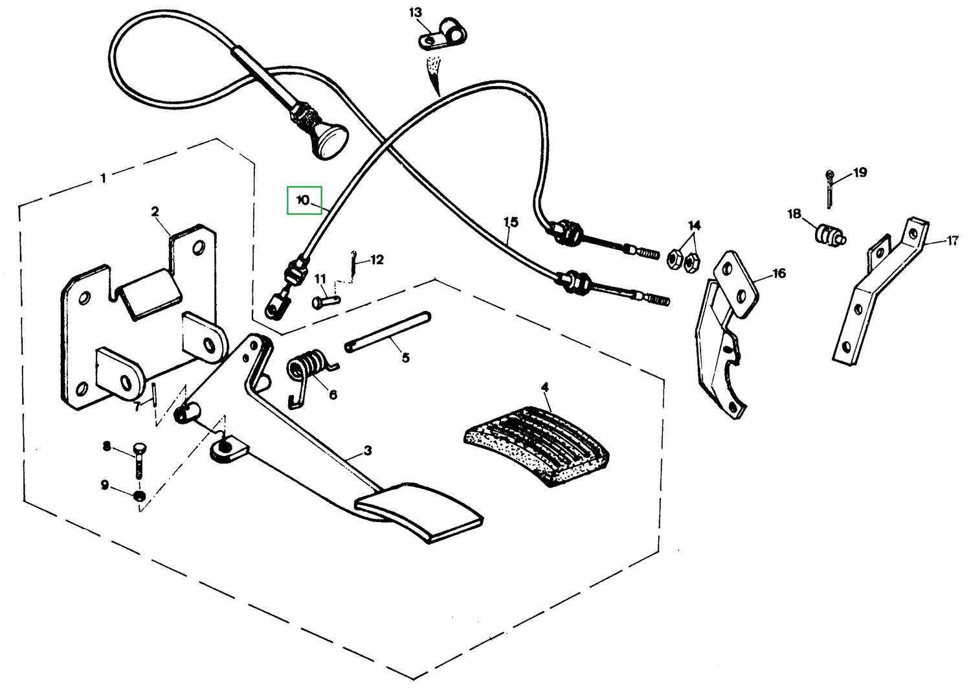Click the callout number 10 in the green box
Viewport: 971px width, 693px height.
(x=303, y=200)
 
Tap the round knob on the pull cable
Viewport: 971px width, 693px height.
(x=329, y=141)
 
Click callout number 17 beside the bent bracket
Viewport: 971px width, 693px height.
(x=952, y=241)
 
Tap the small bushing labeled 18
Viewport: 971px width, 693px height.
(x=829, y=234)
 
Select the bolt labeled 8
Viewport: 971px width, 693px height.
(x=139, y=460)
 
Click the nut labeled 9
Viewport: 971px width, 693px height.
(x=139, y=497)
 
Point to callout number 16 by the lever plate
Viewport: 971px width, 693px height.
(x=779, y=273)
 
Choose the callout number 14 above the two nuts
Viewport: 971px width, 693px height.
(x=694, y=225)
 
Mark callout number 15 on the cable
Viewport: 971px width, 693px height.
(x=511, y=222)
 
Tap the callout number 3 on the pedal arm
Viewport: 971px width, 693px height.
(x=367, y=451)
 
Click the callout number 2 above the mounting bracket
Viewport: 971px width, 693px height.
(x=155, y=212)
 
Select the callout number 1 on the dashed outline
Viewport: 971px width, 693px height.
(x=104, y=177)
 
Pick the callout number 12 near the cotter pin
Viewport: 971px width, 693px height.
(x=377, y=260)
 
